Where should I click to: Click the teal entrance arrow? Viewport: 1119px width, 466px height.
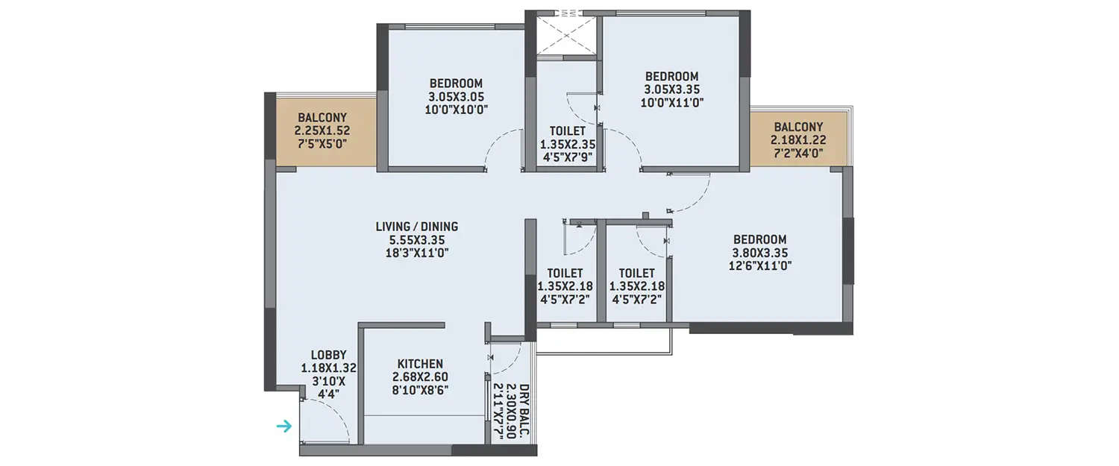tap(283, 426)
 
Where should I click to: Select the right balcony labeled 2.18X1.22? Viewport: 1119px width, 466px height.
tap(798, 139)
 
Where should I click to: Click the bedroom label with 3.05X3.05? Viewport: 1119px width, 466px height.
tap(455, 84)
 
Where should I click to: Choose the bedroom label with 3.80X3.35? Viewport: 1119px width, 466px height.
tap(759, 239)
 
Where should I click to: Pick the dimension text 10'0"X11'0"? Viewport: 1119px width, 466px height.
tap(671, 103)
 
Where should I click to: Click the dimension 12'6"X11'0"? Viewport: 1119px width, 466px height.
tap(759, 265)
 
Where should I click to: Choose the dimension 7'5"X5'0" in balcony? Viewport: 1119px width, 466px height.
tap(322, 144)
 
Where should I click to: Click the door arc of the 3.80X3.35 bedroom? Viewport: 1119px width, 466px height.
tap(690, 194)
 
